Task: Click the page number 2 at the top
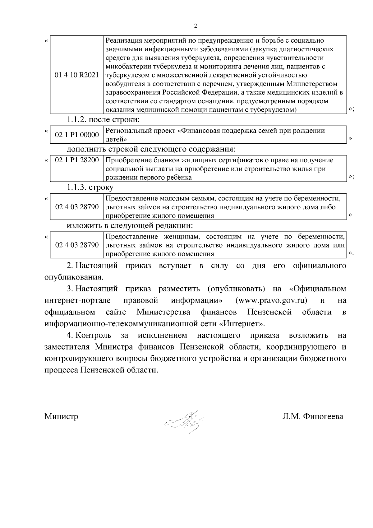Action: click(195, 26)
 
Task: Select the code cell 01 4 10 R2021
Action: click(77, 75)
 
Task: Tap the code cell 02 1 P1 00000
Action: click(77, 135)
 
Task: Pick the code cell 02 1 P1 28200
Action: click(77, 160)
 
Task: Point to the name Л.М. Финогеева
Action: click(313, 416)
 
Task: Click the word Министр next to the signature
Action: click(61, 416)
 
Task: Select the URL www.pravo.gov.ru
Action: click(271, 300)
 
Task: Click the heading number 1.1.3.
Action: click(77, 188)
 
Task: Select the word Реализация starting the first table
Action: click(122, 41)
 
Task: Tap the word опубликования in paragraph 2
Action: click(74, 277)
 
